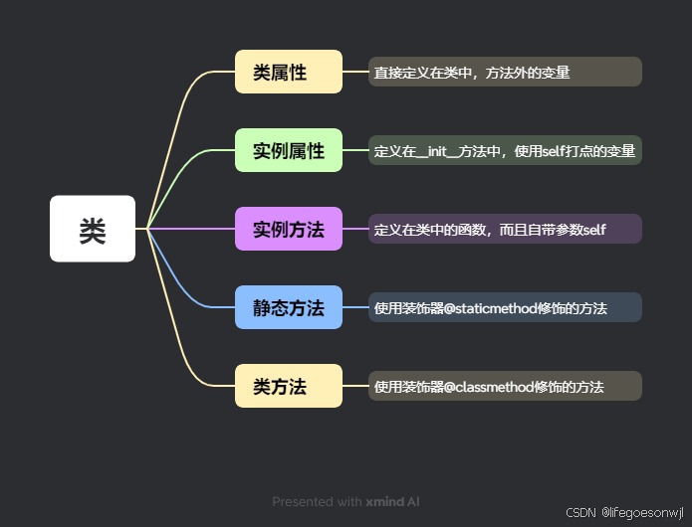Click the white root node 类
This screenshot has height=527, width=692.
tap(93, 229)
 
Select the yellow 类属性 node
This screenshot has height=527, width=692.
tap(289, 72)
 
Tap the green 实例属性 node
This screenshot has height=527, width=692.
tap(289, 150)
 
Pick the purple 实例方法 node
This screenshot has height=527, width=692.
tap(289, 229)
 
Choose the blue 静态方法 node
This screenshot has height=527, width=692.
tap(289, 307)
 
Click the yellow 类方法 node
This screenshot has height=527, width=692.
tap(289, 386)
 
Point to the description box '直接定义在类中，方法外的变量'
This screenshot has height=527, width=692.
tap(505, 72)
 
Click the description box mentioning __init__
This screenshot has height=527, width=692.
tap(505, 151)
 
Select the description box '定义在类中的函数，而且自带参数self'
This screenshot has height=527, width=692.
tap(505, 230)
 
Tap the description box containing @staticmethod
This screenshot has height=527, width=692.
tap(505, 308)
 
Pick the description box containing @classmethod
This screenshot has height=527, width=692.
tap(505, 386)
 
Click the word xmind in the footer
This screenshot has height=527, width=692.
tap(384, 502)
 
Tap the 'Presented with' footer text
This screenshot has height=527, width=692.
tap(318, 502)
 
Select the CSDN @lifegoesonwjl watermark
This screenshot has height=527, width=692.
tap(625, 513)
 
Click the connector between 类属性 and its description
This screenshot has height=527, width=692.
tap(355, 72)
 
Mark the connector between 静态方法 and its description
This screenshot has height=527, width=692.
tap(355, 307)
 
